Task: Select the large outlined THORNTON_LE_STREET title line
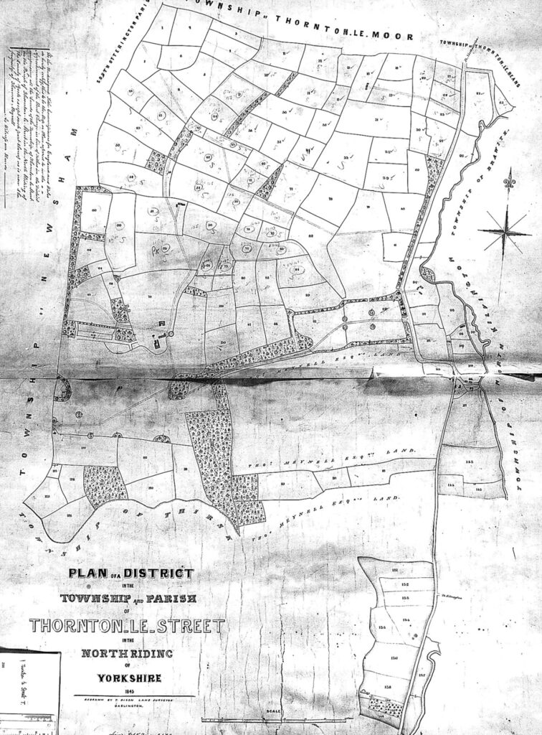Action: tap(126, 626)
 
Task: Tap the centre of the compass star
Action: tap(505, 230)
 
